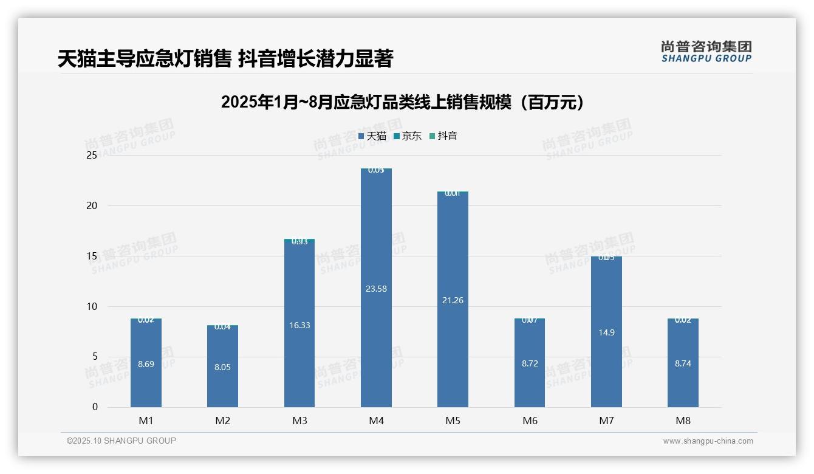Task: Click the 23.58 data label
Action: (376, 289)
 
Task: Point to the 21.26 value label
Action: (453, 300)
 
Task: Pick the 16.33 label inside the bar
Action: (299, 325)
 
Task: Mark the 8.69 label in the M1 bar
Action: (146, 365)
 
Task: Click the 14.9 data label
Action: (606, 332)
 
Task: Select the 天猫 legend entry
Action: (372, 136)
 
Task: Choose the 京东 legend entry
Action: (408, 136)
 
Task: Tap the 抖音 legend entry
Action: (443, 136)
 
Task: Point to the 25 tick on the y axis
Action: (92, 156)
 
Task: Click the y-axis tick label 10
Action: (92, 306)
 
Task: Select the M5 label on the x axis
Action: (453, 421)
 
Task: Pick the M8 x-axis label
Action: (683, 421)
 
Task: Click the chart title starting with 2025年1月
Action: (404, 102)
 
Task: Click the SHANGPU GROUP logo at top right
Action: (706, 52)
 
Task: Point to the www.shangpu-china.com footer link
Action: (708, 441)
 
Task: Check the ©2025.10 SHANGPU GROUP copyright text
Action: (121, 441)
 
